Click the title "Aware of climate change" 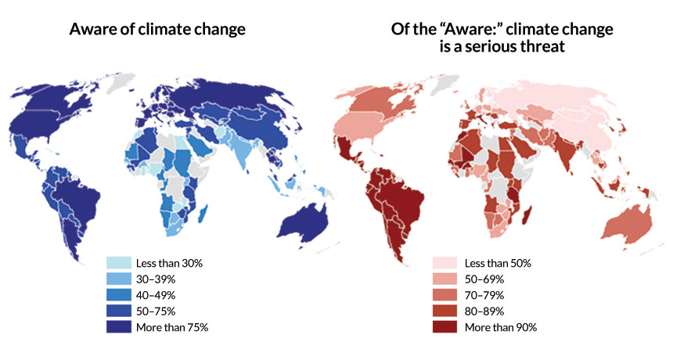(x=157, y=30)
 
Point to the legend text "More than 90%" (x=501, y=327)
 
